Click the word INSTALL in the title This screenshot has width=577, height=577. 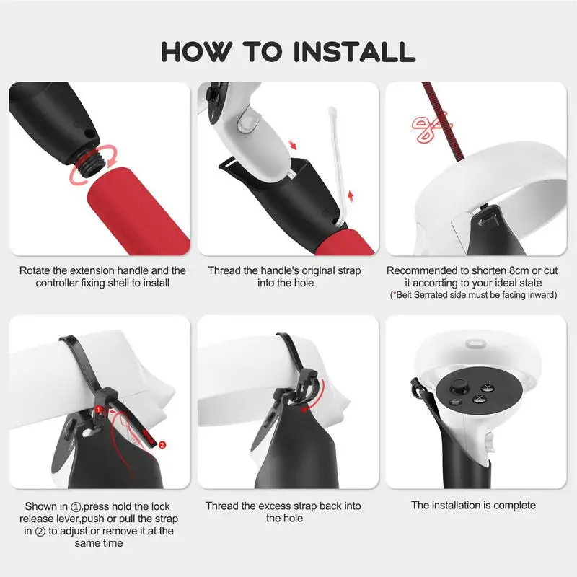click(355, 51)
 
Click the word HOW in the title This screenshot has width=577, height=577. click(196, 51)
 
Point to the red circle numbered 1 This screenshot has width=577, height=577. click(98, 409)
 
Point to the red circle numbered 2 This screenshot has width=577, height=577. click(162, 444)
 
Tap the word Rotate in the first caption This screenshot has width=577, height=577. click(35, 271)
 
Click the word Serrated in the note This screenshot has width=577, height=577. click(431, 295)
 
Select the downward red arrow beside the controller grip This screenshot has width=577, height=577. click(293, 144)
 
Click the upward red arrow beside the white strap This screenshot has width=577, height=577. click(351, 195)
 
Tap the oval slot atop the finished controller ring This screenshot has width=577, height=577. click(476, 344)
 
